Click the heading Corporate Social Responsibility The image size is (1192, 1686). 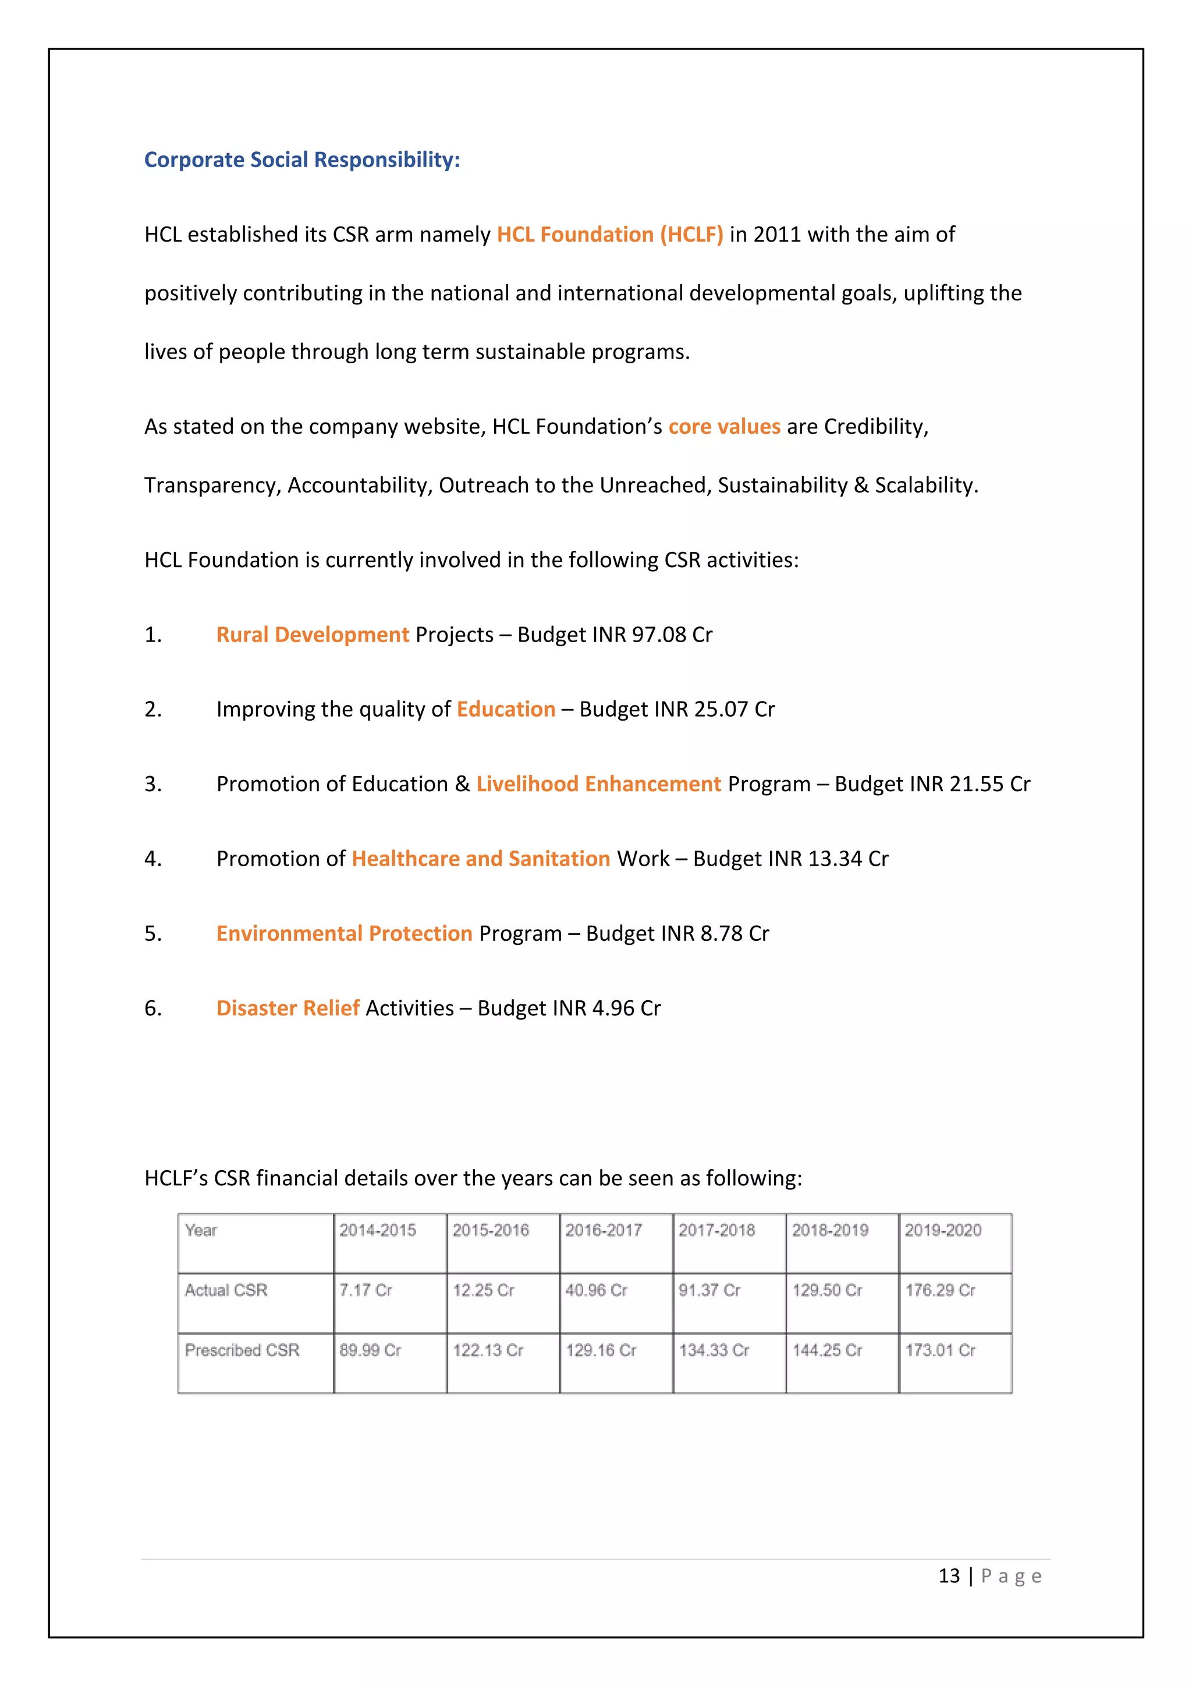(x=301, y=160)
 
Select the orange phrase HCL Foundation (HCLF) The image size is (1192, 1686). (x=609, y=235)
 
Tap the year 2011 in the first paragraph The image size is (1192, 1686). (x=776, y=235)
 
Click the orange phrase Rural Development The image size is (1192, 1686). (x=312, y=635)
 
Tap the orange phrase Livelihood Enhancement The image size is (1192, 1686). (x=598, y=785)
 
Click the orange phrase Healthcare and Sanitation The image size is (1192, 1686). (x=481, y=859)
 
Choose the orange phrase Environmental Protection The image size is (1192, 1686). (x=344, y=934)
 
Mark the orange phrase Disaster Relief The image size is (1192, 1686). (x=288, y=1009)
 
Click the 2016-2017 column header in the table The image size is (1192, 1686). (x=604, y=1231)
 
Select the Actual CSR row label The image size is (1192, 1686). (x=226, y=1291)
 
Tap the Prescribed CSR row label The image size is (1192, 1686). (x=242, y=1351)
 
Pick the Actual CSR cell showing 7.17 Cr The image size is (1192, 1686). (x=366, y=1291)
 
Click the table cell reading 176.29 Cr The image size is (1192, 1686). (x=939, y=1291)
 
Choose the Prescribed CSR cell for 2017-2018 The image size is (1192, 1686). (x=714, y=1351)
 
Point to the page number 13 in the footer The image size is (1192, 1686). (x=949, y=1577)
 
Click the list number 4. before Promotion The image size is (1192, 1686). (x=152, y=859)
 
